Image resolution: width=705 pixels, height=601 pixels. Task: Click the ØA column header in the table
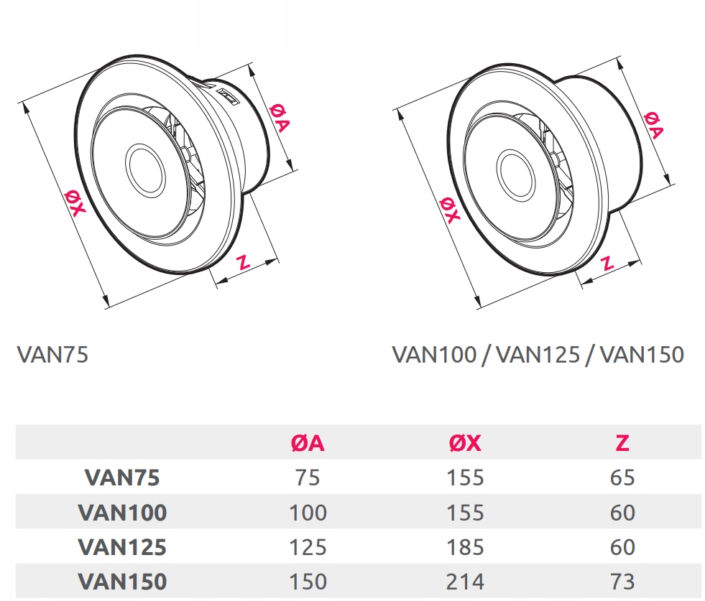[308, 443]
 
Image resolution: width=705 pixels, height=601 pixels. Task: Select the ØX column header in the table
[465, 443]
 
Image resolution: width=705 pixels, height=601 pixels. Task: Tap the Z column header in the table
[622, 443]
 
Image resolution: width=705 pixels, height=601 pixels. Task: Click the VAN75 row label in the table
[122, 477]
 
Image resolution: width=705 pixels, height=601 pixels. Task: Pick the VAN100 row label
[122, 512]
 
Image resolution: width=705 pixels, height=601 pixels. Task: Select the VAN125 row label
[122, 546]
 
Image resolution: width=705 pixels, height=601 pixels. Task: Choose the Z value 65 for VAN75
[622, 477]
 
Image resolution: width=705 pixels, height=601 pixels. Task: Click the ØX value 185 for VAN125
[465, 546]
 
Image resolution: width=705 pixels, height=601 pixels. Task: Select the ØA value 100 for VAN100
[308, 512]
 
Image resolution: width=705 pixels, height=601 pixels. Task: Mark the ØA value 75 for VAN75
[308, 477]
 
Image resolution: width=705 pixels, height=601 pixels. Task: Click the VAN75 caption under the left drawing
[52, 355]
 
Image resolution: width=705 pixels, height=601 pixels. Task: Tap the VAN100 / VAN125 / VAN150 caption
[538, 355]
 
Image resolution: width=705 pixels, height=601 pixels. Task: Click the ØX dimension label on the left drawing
[74, 201]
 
